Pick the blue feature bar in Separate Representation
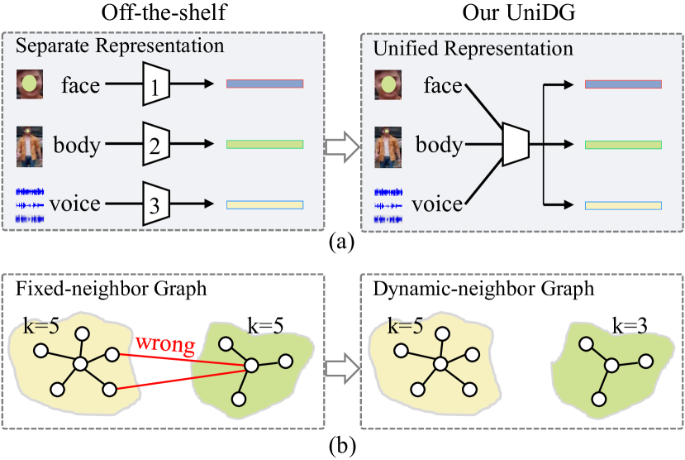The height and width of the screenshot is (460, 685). pyautogui.click(x=264, y=84)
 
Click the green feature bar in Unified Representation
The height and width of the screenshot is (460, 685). pyautogui.click(x=623, y=145)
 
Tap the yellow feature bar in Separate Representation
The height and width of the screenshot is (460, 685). pyautogui.click(x=264, y=205)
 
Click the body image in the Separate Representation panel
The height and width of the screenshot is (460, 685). pyautogui.click(x=30, y=146)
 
